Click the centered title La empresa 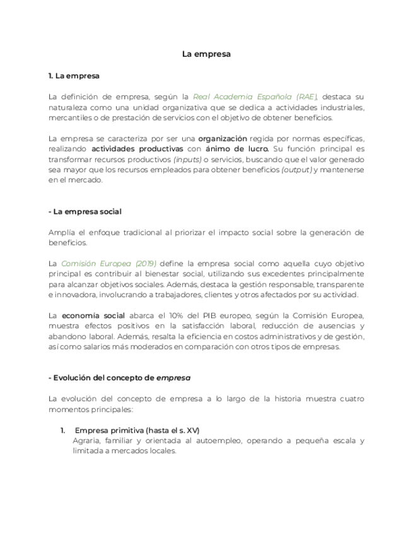tap(206, 54)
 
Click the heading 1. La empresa tap(74, 76)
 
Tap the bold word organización tap(222, 138)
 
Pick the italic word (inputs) tap(187, 160)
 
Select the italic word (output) tap(296, 170)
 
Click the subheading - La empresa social tap(85, 211)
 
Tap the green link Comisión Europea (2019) tap(108, 263)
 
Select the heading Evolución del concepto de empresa tap(120, 377)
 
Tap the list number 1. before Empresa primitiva tap(63, 430)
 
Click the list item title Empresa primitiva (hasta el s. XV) tap(137, 430)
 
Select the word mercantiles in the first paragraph tap(70, 117)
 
